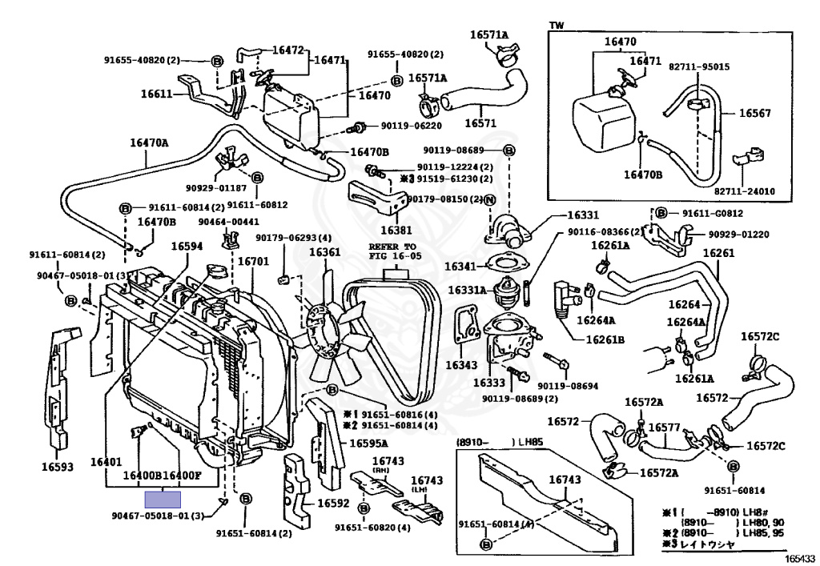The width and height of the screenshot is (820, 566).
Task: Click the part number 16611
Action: click(x=157, y=94)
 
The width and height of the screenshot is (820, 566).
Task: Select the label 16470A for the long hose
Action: click(x=150, y=143)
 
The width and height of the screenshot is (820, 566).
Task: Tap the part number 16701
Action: click(x=254, y=261)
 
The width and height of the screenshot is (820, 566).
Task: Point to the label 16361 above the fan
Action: click(x=325, y=253)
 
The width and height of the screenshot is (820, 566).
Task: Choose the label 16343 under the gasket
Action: click(x=462, y=366)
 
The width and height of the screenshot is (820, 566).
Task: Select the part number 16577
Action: click(x=664, y=428)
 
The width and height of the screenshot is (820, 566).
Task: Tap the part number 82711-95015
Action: click(x=699, y=66)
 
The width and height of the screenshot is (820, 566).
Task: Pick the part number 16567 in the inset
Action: click(x=754, y=114)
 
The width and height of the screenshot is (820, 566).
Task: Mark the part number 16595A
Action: click(x=368, y=444)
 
